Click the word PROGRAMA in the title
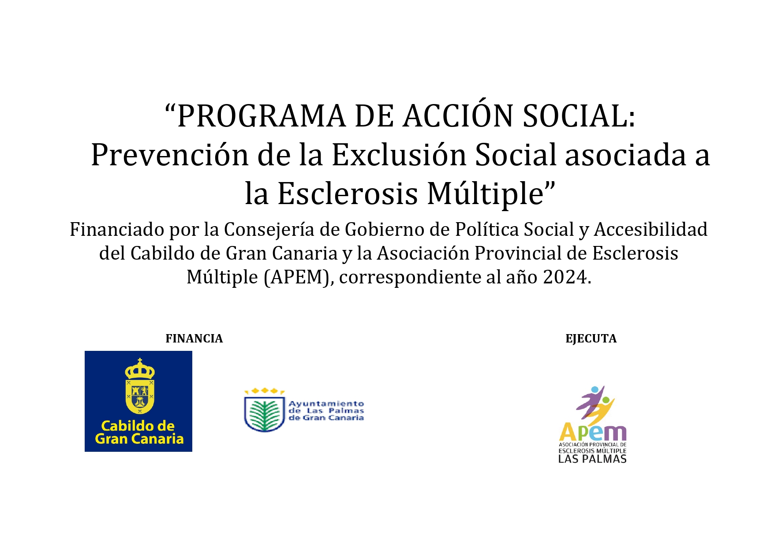tap(261, 116)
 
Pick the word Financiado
tap(116, 230)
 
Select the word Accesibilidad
tap(651, 230)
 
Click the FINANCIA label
tap(194, 339)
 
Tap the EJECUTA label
tap(591, 339)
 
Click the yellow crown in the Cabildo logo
tap(140, 369)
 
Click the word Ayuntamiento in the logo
tap(326, 404)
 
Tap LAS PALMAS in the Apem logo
tap(592, 459)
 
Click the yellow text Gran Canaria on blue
tap(139, 439)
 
